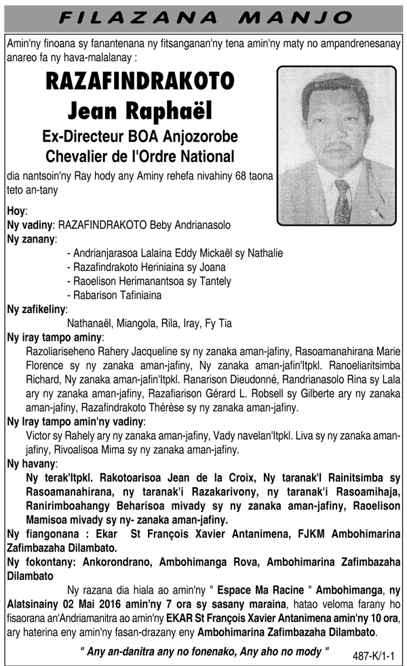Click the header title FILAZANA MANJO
(x=203, y=16)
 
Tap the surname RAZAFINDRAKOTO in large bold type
(x=140, y=82)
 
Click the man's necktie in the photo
(x=342, y=201)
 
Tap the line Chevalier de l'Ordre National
(x=140, y=157)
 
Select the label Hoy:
(x=17, y=211)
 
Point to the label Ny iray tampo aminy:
(x=55, y=337)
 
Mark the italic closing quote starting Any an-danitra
(x=204, y=650)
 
